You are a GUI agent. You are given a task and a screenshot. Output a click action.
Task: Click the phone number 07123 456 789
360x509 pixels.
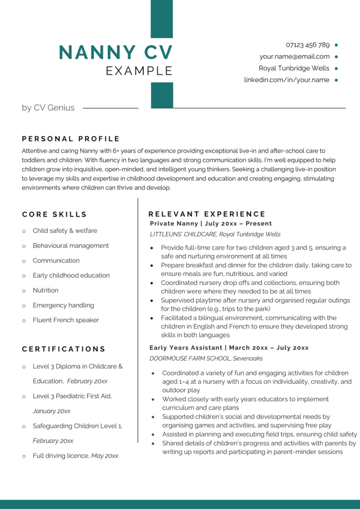coord(307,45)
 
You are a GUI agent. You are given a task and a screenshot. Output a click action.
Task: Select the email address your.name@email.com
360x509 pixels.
coord(294,57)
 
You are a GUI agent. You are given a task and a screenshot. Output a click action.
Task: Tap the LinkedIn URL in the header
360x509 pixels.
coord(286,80)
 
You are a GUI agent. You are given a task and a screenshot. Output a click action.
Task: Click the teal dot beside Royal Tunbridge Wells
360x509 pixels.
coord(337,69)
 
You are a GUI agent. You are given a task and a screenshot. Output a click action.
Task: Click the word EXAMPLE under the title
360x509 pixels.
coord(139,71)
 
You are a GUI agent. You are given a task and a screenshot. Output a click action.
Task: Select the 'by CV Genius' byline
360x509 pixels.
coord(48,107)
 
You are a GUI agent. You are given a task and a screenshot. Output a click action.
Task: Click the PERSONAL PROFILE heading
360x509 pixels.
coord(71,139)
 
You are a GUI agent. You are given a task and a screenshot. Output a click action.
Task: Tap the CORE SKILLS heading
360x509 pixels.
coord(54,214)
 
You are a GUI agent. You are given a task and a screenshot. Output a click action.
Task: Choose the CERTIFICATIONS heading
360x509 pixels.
coord(64,349)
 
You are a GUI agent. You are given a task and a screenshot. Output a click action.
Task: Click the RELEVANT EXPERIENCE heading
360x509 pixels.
coord(207,214)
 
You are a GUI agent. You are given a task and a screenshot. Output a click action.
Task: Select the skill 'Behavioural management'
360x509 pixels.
coord(71,246)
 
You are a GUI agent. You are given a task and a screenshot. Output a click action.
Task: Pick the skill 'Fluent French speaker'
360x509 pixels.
coord(66,320)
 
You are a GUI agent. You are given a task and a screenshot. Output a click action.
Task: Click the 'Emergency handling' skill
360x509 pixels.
coord(63,305)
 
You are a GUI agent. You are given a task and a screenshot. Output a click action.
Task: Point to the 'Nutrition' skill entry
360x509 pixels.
coord(45,290)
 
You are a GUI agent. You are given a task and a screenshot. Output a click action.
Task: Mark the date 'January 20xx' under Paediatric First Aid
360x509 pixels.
coord(52,411)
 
